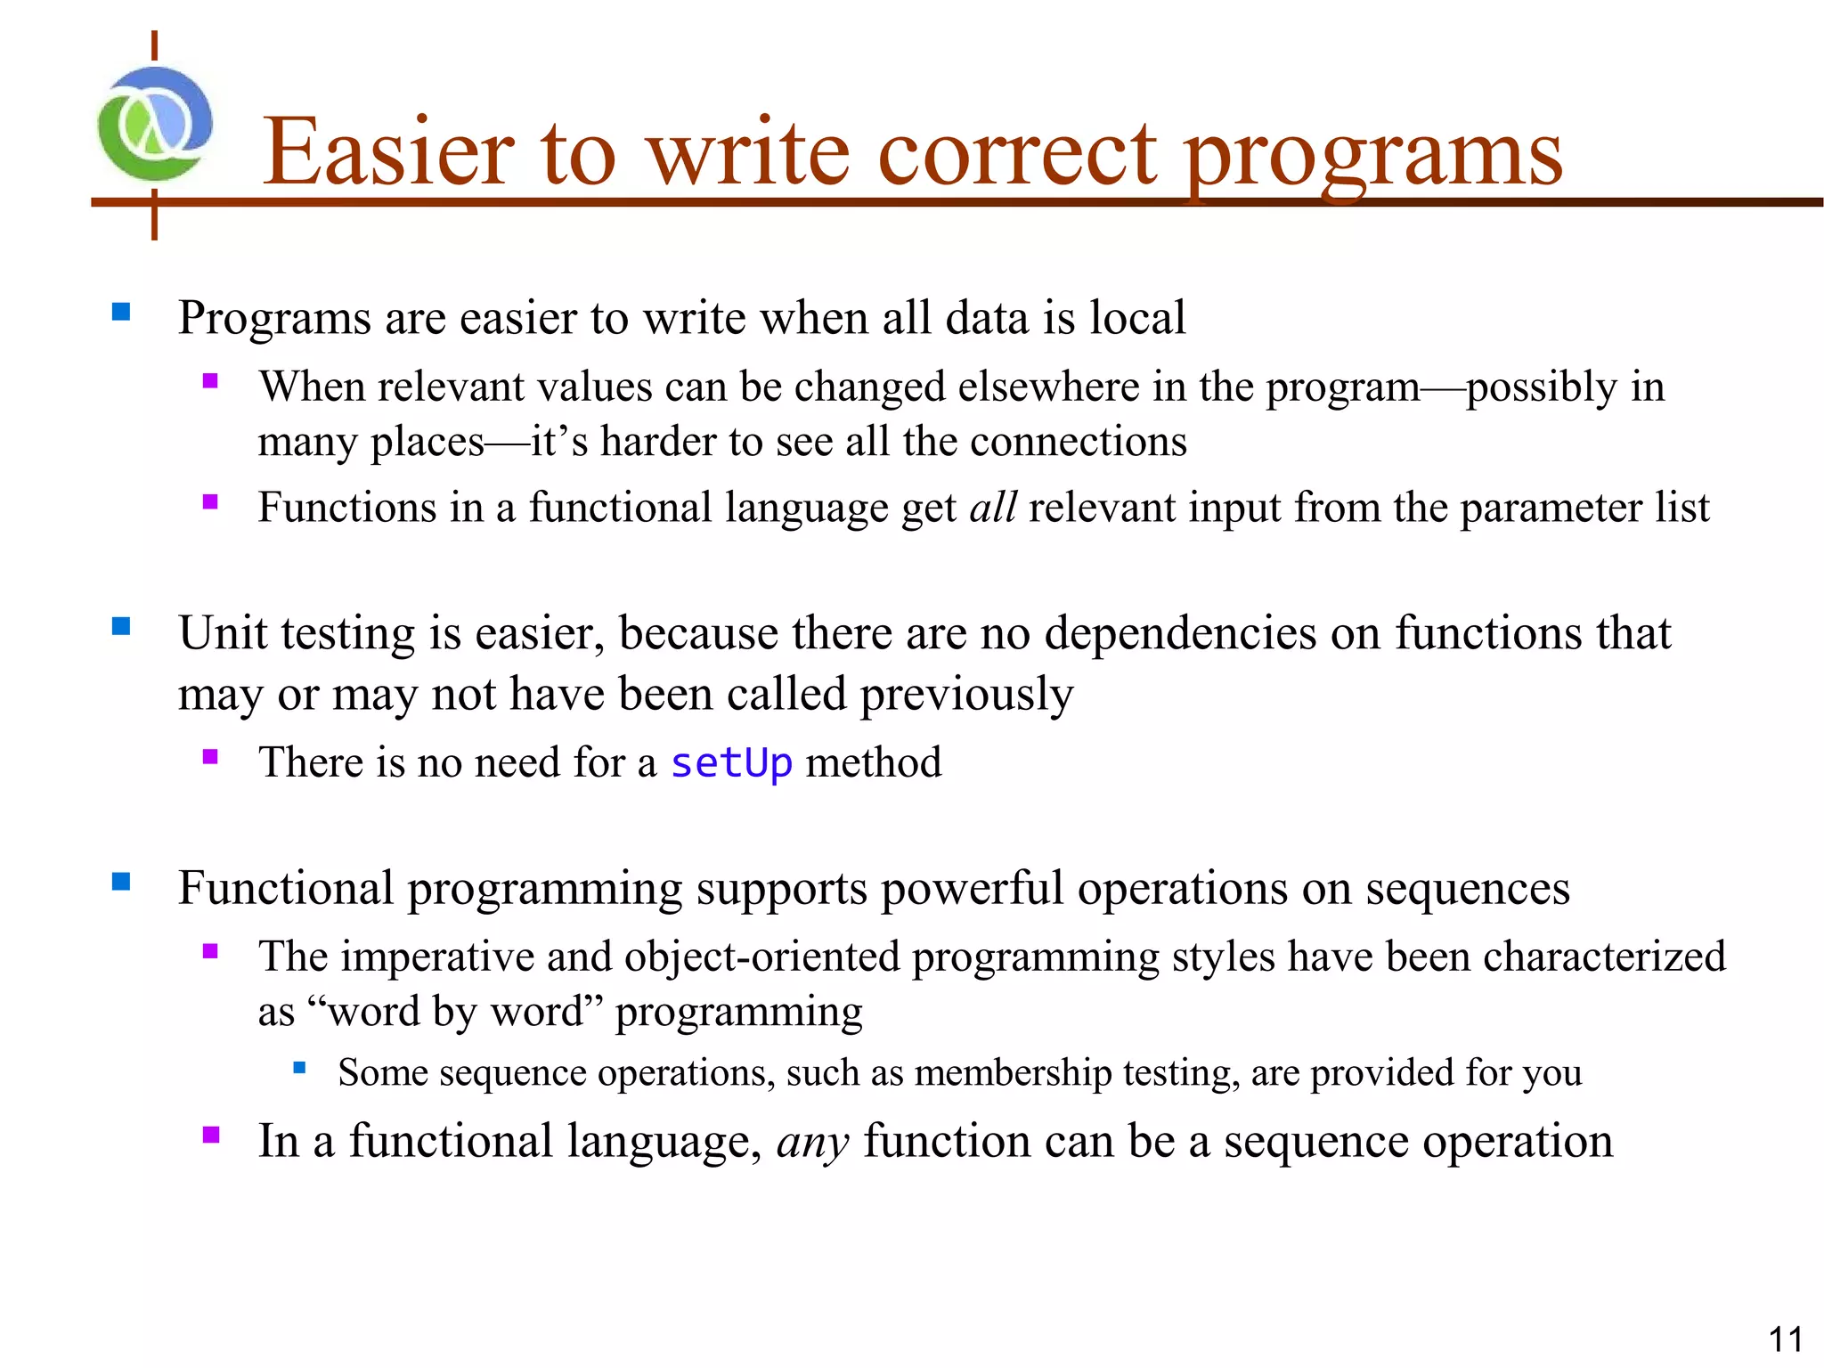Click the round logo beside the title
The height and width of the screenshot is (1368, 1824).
[x=155, y=124]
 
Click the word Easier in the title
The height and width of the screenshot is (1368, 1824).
[x=388, y=153]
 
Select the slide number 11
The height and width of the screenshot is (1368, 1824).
[x=1785, y=1339]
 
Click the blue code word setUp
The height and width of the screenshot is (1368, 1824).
[x=730, y=763]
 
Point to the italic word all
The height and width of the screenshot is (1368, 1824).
[x=992, y=508]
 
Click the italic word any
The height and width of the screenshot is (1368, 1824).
[x=812, y=1142]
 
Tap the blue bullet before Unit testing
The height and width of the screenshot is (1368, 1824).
[x=121, y=627]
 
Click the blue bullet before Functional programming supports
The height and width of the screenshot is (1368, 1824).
[x=121, y=882]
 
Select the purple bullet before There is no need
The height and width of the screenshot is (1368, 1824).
[x=210, y=757]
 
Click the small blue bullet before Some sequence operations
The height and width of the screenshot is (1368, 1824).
[x=299, y=1067]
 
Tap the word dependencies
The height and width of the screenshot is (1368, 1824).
[x=1180, y=634]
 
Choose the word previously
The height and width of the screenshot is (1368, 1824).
[x=966, y=696]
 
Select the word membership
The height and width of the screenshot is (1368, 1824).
[x=1013, y=1072]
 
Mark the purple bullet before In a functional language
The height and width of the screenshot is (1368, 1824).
[x=211, y=1135]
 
